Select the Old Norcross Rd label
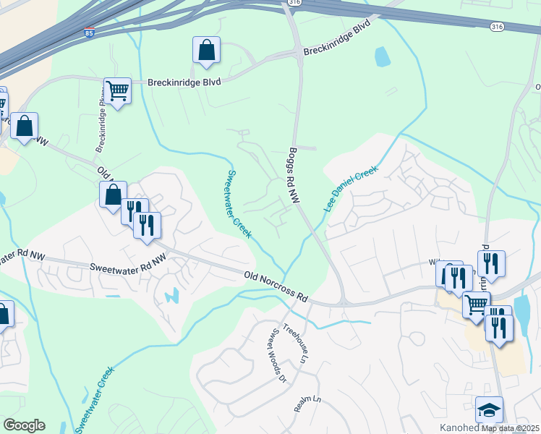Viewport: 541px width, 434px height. click(x=276, y=286)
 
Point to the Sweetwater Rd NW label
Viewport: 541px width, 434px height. click(x=125, y=267)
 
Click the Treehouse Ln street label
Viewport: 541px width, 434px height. click(x=294, y=342)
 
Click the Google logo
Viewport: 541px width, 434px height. click(x=24, y=425)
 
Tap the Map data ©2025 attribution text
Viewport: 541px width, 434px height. click(x=509, y=428)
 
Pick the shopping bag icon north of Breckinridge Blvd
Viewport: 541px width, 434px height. click(x=206, y=50)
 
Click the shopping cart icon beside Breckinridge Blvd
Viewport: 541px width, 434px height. click(x=117, y=90)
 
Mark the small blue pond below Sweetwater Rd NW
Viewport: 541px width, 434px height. click(x=172, y=296)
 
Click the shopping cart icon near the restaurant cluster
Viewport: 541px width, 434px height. click(x=476, y=305)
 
